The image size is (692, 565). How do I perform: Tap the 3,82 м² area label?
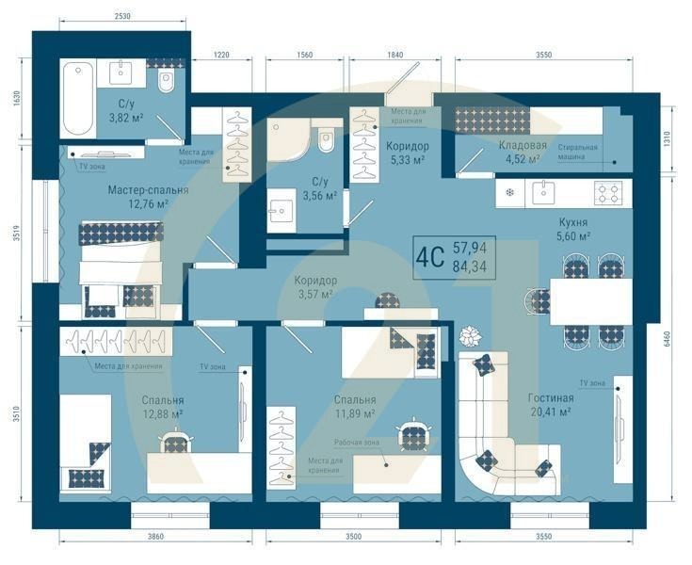pos(124,119)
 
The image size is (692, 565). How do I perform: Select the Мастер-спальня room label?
pos(148,189)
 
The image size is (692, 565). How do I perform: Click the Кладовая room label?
pos(523,146)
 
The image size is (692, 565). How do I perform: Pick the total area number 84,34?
pos(470,266)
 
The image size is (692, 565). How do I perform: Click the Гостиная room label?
pos(551,397)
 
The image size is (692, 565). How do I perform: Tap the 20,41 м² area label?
pos(551,412)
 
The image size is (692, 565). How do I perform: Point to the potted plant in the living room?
pos(468,336)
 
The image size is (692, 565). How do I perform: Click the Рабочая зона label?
pos(358,442)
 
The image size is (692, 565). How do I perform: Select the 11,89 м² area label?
pos(355,412)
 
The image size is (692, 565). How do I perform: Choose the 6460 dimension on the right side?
pos(667,339)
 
